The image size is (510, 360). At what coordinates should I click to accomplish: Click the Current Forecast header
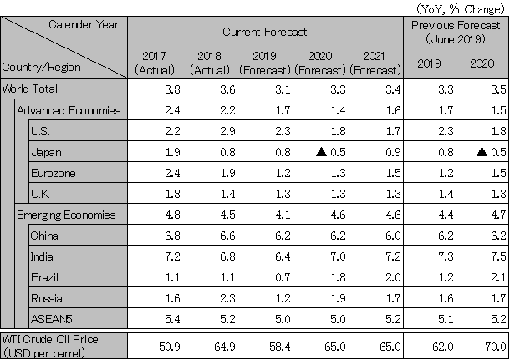click(x=265, y=32)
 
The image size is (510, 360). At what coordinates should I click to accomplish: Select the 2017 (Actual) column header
click(x=155, y=63)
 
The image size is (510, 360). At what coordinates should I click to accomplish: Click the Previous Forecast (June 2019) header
click(x=456, y=33)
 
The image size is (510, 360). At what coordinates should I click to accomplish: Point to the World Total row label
click(x=32, y=89)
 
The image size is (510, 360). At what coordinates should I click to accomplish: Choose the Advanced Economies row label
click(x=69, y=109)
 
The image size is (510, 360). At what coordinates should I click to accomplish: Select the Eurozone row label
click(x=53, y=173)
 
